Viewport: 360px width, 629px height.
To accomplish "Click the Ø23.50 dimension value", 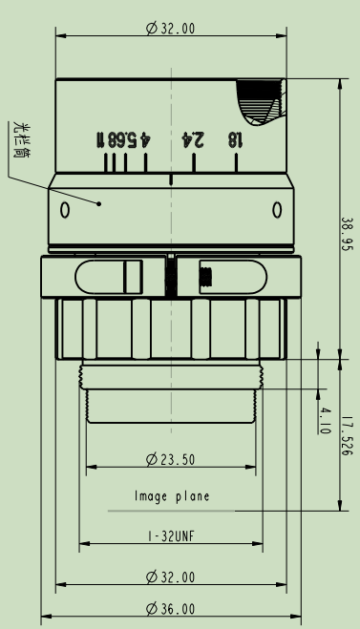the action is pos(171,459).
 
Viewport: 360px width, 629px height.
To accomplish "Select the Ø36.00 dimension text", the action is pos(171,609).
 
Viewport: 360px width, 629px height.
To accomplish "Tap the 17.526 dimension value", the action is pos(347,435).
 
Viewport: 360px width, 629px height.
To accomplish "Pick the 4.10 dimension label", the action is pos(325,421).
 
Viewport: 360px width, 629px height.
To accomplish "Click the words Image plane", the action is pos(172,496).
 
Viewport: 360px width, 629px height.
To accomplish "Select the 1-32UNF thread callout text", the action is pos(171,535).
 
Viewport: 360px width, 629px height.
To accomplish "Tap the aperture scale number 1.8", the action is pos(235,140).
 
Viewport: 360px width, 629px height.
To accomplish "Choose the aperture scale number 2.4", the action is pos(193,139).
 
